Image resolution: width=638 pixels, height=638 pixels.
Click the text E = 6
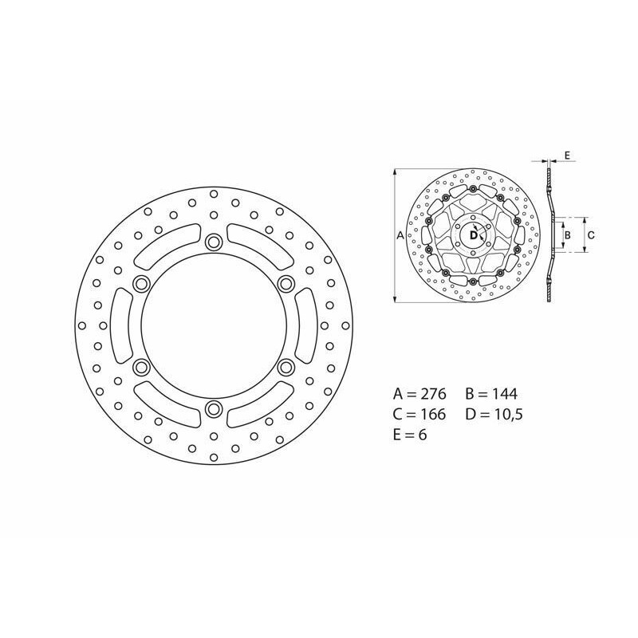pos(411,435)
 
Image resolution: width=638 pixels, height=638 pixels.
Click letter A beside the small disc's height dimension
pos(400,235)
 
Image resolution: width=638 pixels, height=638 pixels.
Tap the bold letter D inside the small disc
pos(472,235)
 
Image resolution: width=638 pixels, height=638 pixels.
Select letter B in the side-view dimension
pos(567,235)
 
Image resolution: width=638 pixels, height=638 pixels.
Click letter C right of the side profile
pos(591,235)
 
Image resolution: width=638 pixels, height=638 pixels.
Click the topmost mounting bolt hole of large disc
pos(213,242)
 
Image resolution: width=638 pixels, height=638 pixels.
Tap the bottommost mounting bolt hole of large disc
pos(213,409)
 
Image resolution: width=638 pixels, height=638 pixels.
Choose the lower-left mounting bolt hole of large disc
pos(141,367)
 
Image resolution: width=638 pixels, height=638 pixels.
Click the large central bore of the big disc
pos(213,325)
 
